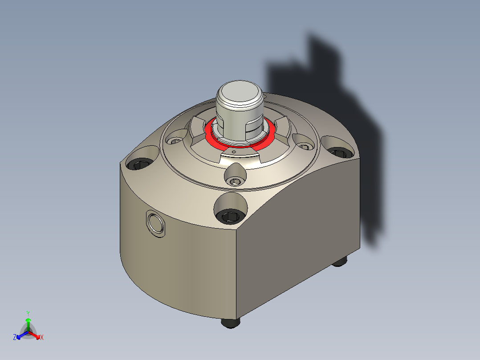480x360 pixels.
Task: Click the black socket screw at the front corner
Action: coord(230,216)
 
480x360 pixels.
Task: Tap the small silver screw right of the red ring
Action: coord(304,146)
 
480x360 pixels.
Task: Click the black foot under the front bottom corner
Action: coord(231,323)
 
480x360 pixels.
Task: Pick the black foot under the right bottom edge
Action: coord(339,262)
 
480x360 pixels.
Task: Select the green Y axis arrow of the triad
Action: coord(28,321)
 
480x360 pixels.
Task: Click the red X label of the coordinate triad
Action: coord(42,338)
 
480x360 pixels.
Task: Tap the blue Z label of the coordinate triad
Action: coord(15,337)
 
